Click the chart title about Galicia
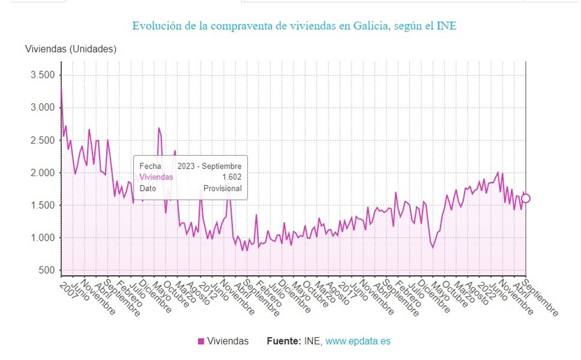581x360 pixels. pos(294,26)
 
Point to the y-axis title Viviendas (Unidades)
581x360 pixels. pos(71,49)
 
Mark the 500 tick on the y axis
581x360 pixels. pos(47,270)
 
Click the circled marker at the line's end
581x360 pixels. pos(526,198)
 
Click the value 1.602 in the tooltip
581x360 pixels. pos(231,177)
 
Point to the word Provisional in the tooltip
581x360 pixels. pos(222,188)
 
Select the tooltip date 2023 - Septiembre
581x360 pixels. pos(209,166)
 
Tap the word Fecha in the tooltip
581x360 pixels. pos(150,166)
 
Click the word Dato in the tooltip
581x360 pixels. pos(148,188)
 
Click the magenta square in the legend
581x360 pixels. pos(201,342)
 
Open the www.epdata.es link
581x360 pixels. pos(358,341)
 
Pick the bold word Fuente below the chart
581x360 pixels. pos(283,341)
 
